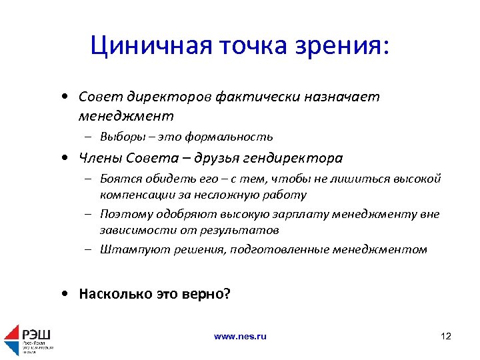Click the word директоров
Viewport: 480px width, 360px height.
[167, 97]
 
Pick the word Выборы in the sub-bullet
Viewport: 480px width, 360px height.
[119, 137]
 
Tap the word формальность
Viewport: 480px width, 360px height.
[233, 137]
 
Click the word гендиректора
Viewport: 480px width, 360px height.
[294, 158]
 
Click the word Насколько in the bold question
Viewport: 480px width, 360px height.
[109, 293]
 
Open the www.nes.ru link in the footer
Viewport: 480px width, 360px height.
[240, 337]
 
